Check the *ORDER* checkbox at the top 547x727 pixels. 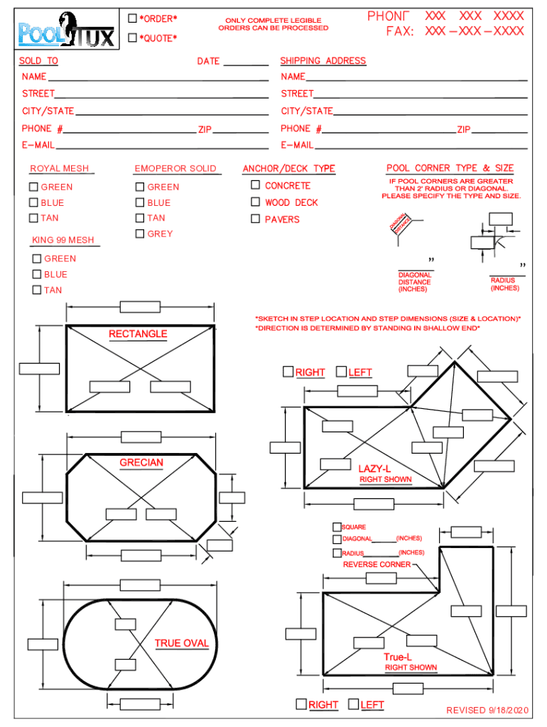coord(132,18)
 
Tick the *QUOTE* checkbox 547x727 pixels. coord(132,38)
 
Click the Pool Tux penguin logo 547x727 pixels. coord(66,31)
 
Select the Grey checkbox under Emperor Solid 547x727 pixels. coord(140,234)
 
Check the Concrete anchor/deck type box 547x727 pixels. coord(256,185)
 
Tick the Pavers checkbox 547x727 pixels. coord(256,219)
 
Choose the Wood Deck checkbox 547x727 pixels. coord(256,202)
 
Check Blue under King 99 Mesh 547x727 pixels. coord(37,274)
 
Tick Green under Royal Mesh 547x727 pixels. coord(33,187)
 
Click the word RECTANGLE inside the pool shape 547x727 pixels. coord(138,334)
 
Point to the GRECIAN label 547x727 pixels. coord(141,463)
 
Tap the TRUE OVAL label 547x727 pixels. coord(182,643)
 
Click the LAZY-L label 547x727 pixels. coord(374,469)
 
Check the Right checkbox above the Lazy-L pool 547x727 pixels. coord(288,371)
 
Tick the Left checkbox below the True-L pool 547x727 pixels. coord(353,704)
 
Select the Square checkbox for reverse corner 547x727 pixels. coord(337,527)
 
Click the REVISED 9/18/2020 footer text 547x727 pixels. coord(487,710)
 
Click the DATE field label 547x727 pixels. coord(208,61)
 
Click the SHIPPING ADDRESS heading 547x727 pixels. coord(323,61)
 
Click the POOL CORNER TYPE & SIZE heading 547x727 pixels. coord(450,168)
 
